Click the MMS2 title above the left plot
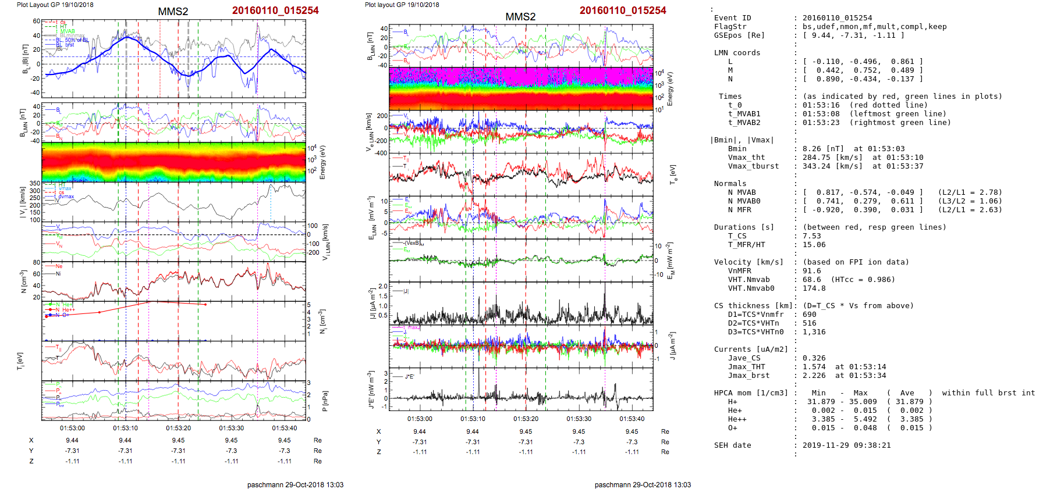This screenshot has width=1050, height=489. [x=173, y=12]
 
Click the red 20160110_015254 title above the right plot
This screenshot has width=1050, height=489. [x=622, y=10]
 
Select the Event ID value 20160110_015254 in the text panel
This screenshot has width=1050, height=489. [x=837, y=18]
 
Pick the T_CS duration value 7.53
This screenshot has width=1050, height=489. [x=811, y=236]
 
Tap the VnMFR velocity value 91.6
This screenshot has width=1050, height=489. [x=811, y=271]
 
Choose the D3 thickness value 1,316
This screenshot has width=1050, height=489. [x=814, y=332]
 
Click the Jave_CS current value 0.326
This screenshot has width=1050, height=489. [x=814, y=358]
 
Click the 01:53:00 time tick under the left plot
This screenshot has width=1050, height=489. [x=72, y=428]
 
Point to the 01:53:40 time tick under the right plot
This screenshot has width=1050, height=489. [x=632, y=419]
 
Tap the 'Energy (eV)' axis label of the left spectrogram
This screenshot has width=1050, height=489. [x=323, y=162]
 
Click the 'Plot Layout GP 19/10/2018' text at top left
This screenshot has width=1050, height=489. [x=55, y=5]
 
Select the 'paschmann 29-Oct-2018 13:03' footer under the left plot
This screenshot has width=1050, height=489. [x=295, y=484]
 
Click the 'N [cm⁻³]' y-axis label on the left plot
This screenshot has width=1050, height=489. [x=23, y=281]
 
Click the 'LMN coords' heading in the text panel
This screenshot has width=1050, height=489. [x=737, y=53]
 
